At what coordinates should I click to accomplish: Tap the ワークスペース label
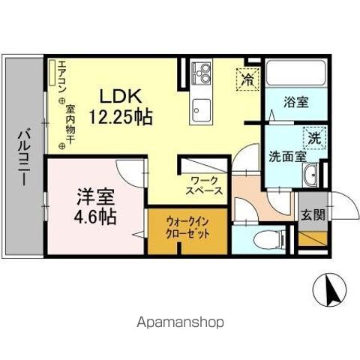click(205, 185)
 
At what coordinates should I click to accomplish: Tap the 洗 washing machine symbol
click(316, 137)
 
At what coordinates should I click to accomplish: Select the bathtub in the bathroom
click(298, 74)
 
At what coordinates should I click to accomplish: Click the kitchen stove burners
click(202, 72)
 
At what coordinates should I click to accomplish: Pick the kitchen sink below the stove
click(202, 105)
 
